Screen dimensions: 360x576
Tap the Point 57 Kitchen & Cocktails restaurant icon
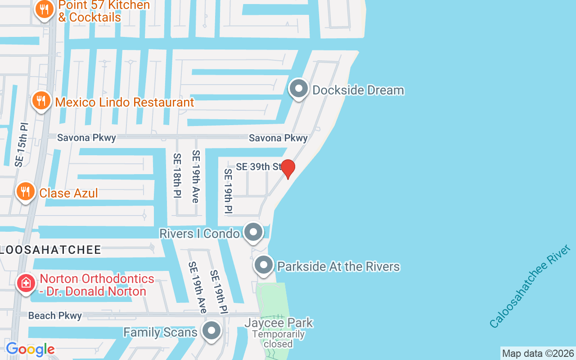[44, 9]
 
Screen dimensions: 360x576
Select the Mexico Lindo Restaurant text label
[125, 102]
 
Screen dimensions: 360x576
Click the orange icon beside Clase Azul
[26, 192]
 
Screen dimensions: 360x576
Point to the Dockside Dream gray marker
[298, 89]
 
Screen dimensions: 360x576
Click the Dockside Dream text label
[358, 90]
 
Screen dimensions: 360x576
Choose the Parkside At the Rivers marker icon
[264, 265]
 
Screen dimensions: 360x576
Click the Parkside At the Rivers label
[338, 266]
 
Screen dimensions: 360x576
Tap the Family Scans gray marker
[211, 331]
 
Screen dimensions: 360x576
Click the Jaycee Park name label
[279, 323]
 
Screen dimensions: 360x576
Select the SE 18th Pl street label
[177, 176]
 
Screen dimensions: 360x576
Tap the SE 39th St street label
[259, 166]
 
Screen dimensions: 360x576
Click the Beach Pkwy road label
[55, 316]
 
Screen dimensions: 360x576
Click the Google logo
[30, 349]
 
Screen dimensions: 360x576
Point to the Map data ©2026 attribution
[538, 353]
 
